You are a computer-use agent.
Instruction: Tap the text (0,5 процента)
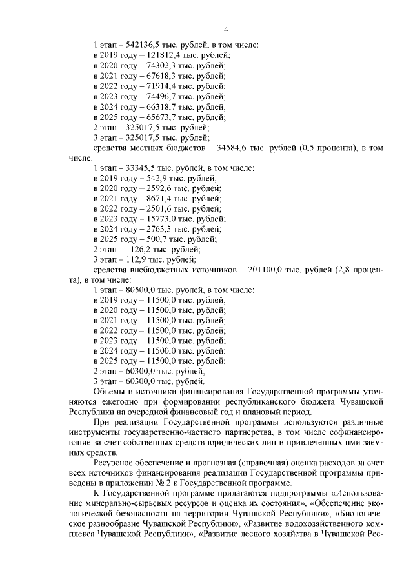pyautogui.click(x=327, y=148)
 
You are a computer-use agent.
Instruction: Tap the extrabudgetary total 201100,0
pyautogui.click(x=267, y=270)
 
